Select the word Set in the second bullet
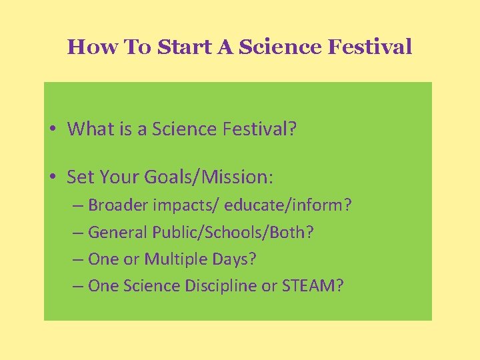pyautogui.click(x=81, y=177)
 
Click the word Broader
pyautogui.click(x=119, y=205)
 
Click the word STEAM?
pyautogui.click(x=313, y=286)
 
